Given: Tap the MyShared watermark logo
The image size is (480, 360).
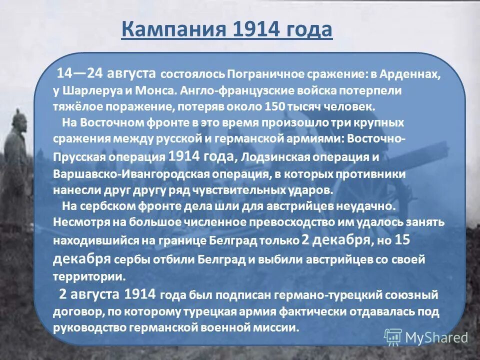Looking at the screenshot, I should coord(426,336).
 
